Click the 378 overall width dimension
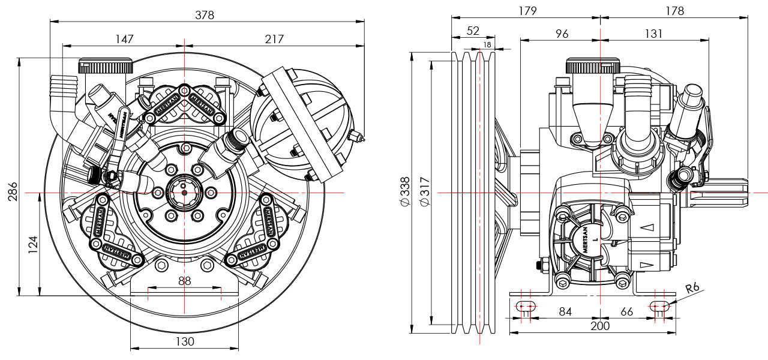point(205,15)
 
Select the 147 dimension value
point(124,39)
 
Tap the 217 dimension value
point(273,39)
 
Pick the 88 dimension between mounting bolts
point(184,281)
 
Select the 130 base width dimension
point(185,341)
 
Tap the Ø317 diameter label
point(424,192)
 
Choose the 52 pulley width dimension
point(473,30)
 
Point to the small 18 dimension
point(487,44)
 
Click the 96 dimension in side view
point(562,34)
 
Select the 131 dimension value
point(653,34)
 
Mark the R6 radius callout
point(693,289)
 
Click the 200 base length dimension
point(599,326)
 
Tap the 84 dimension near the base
point(565,311)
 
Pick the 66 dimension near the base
point(626,311)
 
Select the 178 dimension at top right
point(674,11)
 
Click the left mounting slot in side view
point(526,306)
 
